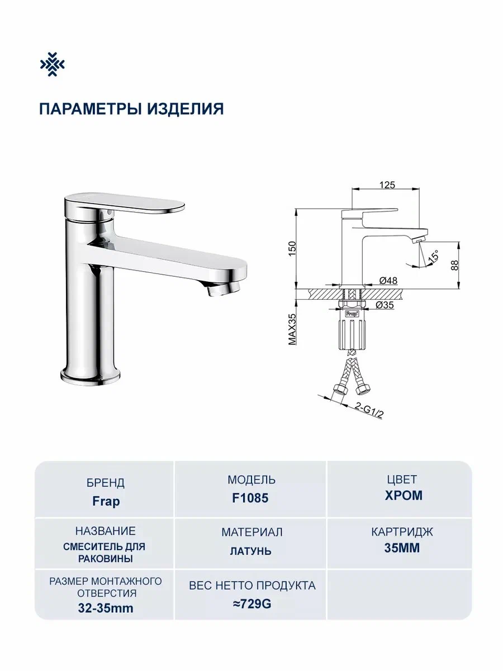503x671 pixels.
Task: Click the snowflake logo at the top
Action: [x=52, y=65]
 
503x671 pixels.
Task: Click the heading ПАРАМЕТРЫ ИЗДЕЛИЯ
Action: [x=131, y=108]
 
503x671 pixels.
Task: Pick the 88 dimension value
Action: [x=454, y=265]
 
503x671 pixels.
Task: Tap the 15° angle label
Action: [x=433, y=258]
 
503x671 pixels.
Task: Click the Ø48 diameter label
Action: [x=387, y=281]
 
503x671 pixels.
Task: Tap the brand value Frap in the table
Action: [x=106, y=501]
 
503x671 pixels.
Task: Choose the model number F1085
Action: [x=250, y=498]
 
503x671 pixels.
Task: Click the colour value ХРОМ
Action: [x=404, y=495]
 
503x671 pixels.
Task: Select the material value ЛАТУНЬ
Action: [x=250, y=551]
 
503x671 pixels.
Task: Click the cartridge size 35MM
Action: [x=402, y=548]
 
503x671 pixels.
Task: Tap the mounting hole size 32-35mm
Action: [x=106, y=608]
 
